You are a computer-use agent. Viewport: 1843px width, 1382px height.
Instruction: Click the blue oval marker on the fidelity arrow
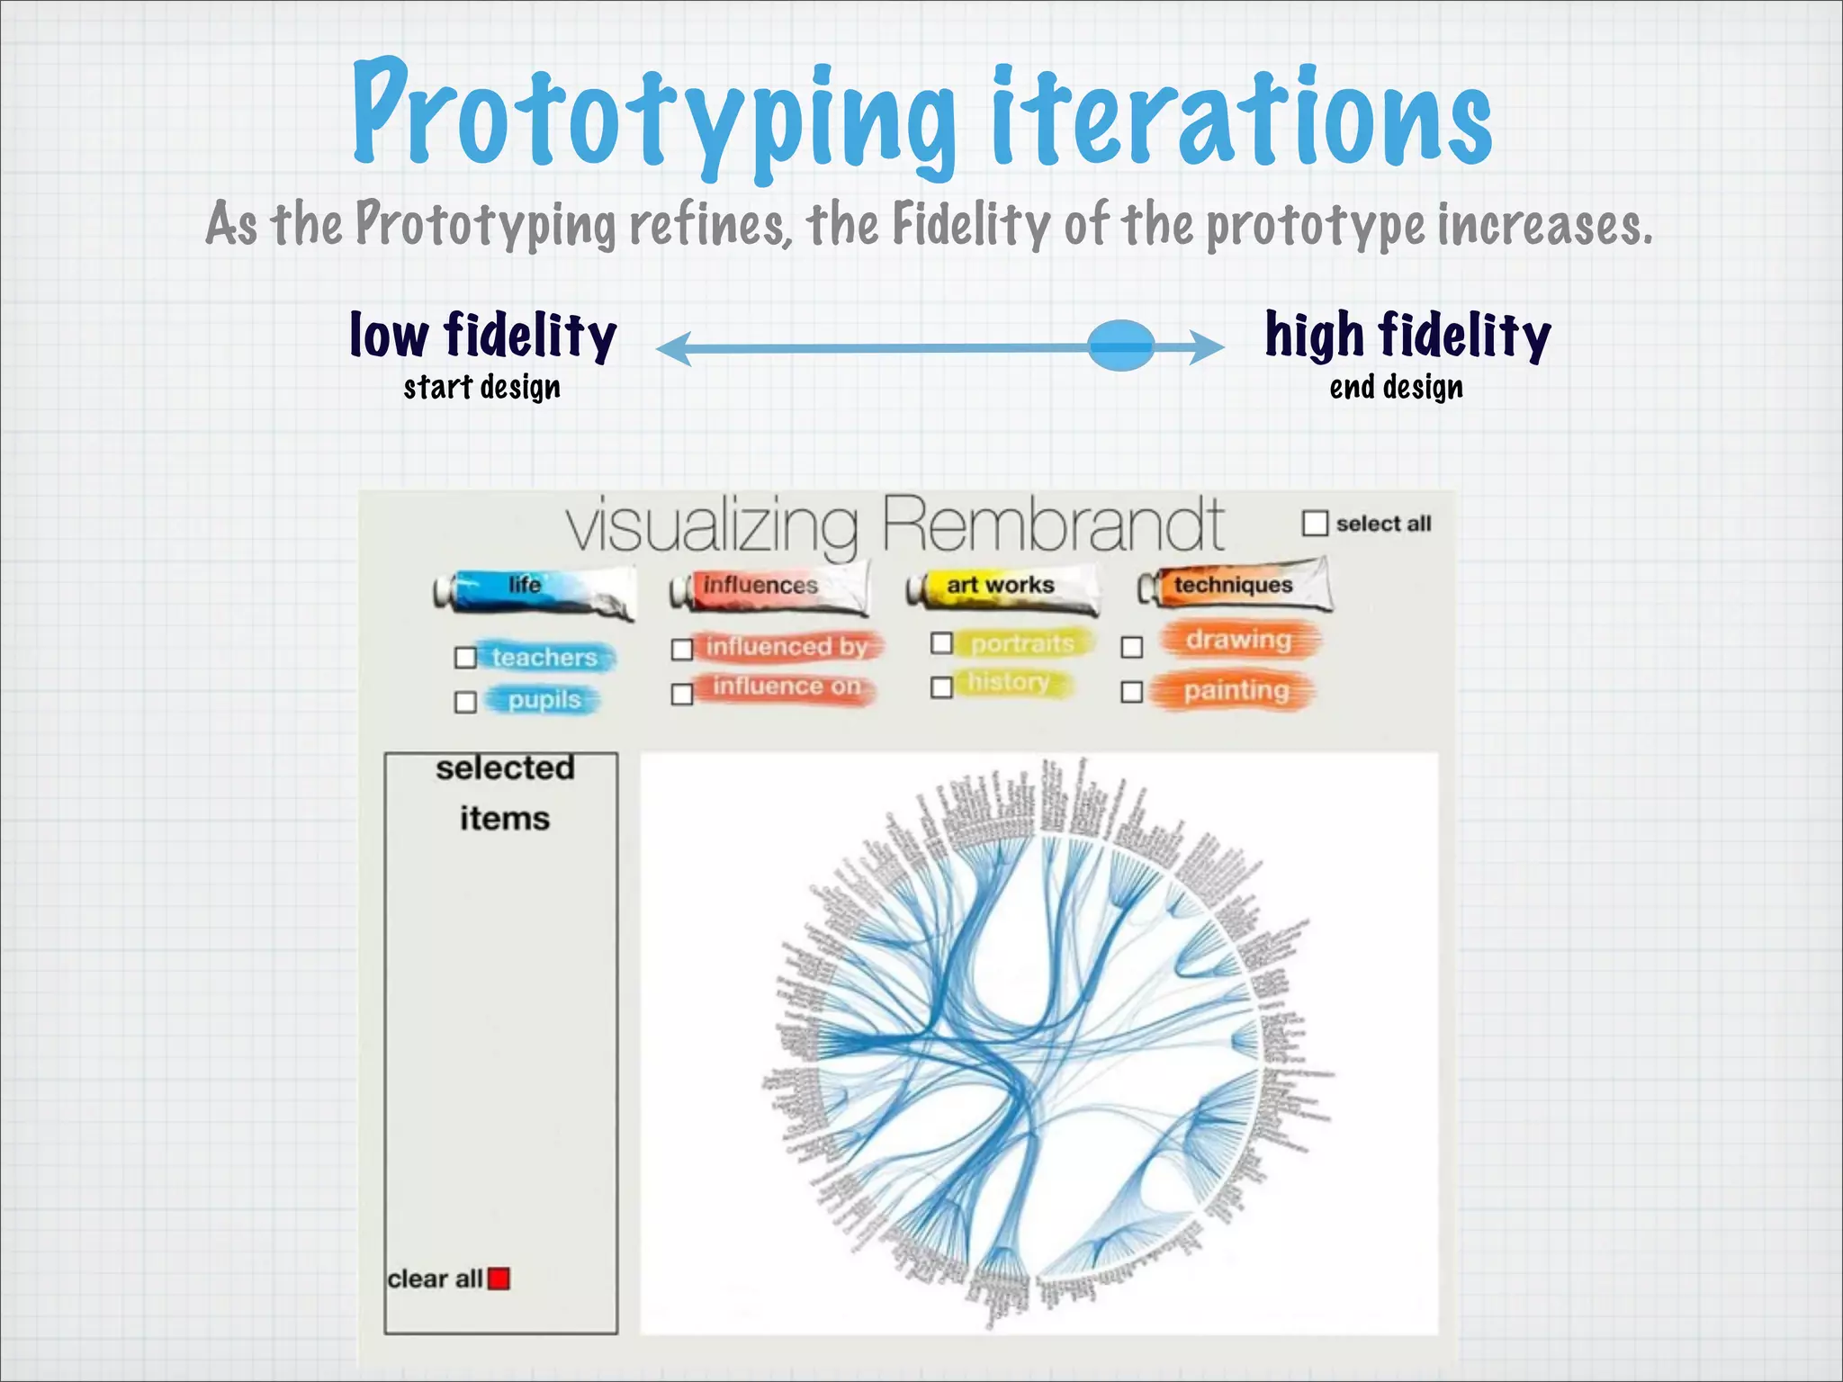tap(1120, 345)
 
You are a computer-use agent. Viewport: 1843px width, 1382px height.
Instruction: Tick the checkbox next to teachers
tap(465, 658)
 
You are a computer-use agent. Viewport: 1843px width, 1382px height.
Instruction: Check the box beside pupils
tap(465, 702)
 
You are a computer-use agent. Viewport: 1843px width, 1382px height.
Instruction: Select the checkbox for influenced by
tap(682, 649)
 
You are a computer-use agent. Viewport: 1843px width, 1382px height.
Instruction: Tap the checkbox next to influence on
tap(682, 694)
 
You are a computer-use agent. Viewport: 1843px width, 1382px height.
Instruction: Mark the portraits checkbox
tap(941, 642)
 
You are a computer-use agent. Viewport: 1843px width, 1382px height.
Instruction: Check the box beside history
tap(941, 687)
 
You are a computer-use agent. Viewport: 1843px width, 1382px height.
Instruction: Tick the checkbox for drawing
tap(1132, 647)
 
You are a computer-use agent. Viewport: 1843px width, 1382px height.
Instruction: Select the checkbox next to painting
tap(1132, 691)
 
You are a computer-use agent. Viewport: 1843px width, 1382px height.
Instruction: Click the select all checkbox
tap(1315, 523)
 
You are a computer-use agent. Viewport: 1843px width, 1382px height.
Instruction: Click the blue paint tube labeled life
tap(535, 589)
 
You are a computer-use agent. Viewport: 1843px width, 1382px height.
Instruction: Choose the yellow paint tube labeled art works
tap(1002, 588)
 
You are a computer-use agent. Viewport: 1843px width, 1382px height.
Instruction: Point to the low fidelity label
tap(482, 336)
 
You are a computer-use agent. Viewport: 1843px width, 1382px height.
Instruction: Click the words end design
tap(1396, 388)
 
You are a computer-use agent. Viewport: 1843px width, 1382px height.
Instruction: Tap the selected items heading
tap(505, 793)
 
